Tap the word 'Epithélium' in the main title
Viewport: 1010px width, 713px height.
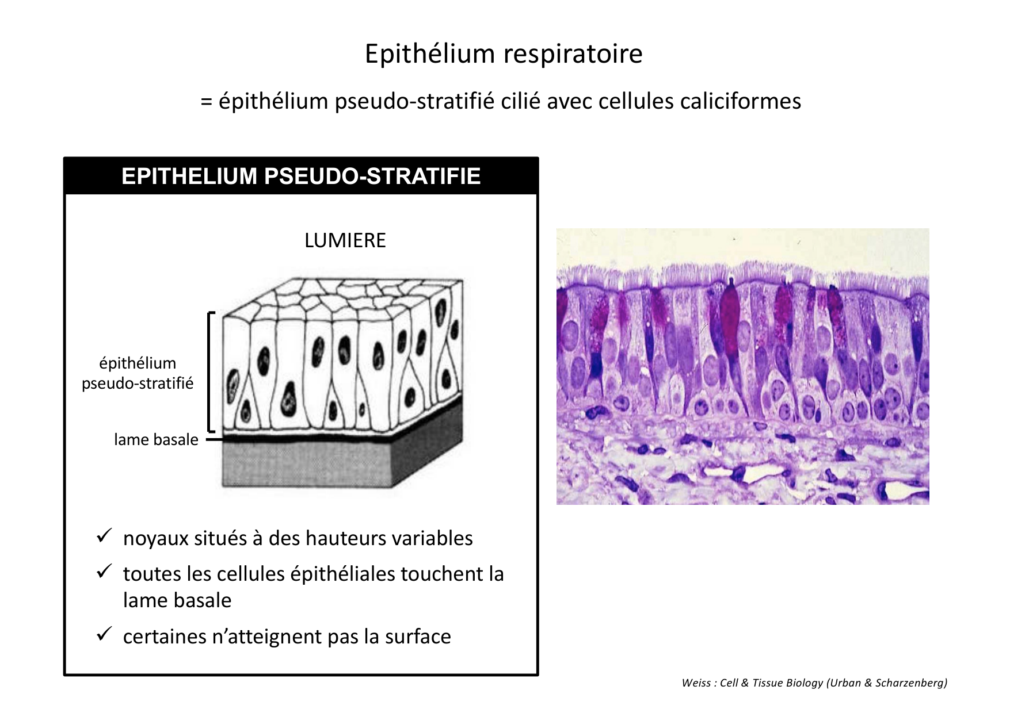[430, 54]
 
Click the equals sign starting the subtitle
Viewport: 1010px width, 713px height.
[207, 102]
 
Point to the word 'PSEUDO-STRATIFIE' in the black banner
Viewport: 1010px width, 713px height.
[372, 176]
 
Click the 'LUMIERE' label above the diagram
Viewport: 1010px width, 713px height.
[345, 240]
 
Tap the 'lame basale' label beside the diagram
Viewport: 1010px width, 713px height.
[156, 440]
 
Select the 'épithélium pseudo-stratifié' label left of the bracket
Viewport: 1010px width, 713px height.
[138, 373]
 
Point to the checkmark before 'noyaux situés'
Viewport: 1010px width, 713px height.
[104, 536]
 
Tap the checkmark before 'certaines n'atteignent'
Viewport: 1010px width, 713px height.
[104, 634]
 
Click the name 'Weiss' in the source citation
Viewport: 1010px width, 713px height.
[695, 683]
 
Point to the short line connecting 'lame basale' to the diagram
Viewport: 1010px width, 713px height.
[214, 439]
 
